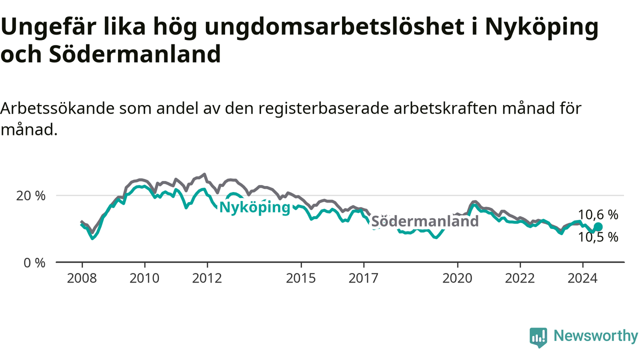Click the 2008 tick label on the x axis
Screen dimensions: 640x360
click(81, 278)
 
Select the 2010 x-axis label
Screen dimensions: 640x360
click(144, 278)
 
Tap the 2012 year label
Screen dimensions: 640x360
click(207, 278)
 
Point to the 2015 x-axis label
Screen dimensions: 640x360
click(301, 278)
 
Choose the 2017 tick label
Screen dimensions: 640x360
click(363, 278)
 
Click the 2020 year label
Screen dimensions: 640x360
click(457, 278)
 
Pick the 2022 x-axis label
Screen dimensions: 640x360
click(520, 278)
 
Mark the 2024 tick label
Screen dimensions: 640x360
click(582, 278)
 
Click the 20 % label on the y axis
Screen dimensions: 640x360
click(31, 196)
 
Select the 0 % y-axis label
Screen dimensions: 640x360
click(34, 263)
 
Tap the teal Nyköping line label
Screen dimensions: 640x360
click(255, 207)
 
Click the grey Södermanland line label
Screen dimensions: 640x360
click(425, 221)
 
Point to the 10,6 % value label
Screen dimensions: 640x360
click(598, 214)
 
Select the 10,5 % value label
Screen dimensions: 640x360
click(598, 237)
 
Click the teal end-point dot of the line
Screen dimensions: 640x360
click(598, 226)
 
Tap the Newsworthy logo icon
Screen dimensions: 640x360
click(538, 337)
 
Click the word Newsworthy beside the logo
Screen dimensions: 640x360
click(596, 335)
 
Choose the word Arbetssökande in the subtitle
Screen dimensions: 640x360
click(57, 108)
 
